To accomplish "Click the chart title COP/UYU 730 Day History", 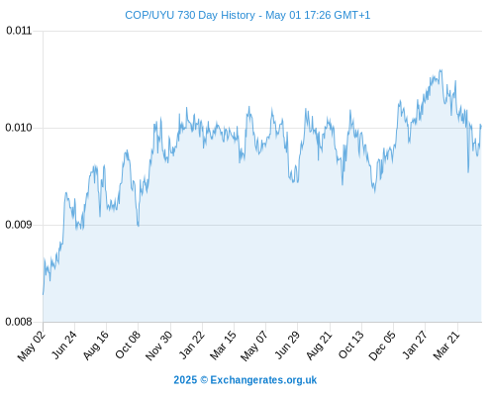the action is (x=190, y=15).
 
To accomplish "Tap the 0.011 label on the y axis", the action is (x=19, y=31).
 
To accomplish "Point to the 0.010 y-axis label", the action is (x=19, y=128).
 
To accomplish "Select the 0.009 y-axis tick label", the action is (x=19, y=225).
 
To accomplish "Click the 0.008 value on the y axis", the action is (x=19, y=322).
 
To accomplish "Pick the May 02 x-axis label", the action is (x=32, y=346).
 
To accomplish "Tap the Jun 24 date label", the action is (x=64, y=345).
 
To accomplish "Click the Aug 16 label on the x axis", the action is (x=95, y=346).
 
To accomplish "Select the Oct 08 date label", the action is (x=128, y=345).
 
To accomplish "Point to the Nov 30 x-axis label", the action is (x=158, y=346).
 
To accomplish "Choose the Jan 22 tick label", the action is (x=191, y=345).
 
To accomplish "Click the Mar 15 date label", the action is (x=223, y=346).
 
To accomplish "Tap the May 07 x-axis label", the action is (x=254, y=346).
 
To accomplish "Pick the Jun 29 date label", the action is (x=287, y=345).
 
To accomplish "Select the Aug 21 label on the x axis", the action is (x=319, y=346).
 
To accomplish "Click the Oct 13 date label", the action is (x=351, y=345).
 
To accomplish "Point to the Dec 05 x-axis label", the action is (x=382, y=346).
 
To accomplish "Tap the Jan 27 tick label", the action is (x=415, y=345).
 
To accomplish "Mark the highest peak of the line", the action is (x=441, y=70).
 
